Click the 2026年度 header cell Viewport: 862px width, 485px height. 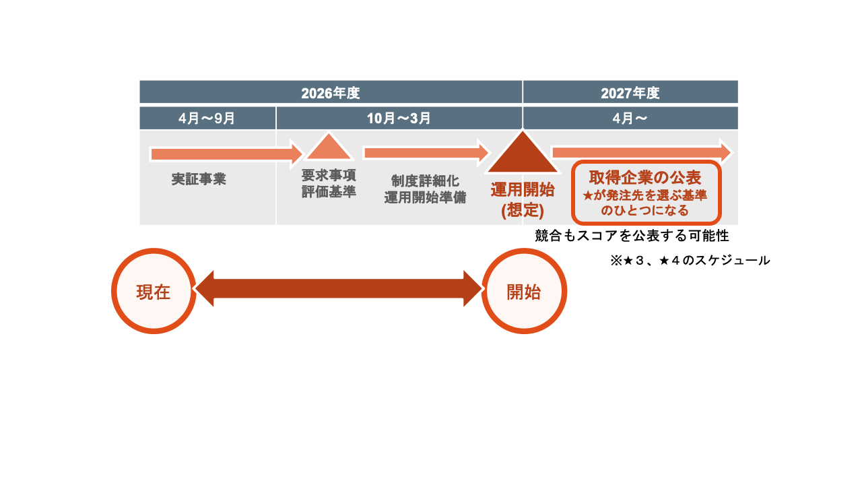pos(331,92)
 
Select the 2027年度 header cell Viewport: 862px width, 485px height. pos(630,92)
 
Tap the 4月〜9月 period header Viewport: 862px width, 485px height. pos(207,119)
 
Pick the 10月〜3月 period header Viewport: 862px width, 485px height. pos(399,119)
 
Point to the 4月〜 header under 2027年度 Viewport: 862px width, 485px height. pos(630,119)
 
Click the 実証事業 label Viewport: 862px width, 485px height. pos(199,180)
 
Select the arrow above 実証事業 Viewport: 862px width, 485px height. pos(226,154)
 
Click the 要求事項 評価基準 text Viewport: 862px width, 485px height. pos(329,183)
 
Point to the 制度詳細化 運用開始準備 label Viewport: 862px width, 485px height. pos(425,189)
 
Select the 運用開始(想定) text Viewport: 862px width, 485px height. pos(523,199)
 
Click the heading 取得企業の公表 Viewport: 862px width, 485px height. pos(645,177)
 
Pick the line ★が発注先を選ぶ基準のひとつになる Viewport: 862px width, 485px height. pos(645,203)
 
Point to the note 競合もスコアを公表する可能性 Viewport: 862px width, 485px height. pos(632,236)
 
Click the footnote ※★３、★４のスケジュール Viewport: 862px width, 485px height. pos(690,260)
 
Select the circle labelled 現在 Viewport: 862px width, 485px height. pos(154,291)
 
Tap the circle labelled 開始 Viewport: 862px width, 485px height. pos(524,291)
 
